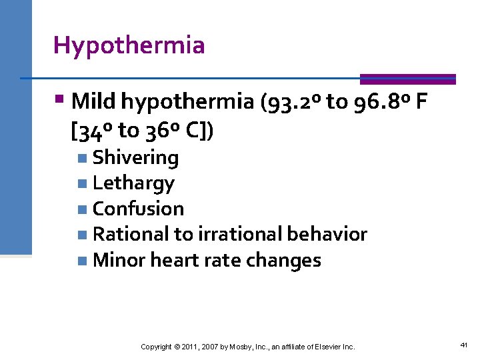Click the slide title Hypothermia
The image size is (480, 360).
click(129, 45)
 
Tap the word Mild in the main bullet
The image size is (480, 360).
click(93, 101)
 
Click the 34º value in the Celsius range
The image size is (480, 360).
click(97, 131)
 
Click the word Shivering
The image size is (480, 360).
click(136, 158)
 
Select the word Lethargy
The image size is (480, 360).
click(133, 183)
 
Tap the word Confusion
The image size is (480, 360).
click(138, 209)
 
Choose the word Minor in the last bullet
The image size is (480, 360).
click(119, 260)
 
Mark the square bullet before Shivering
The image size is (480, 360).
click(81, 159)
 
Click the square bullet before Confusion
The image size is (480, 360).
click(81, 209)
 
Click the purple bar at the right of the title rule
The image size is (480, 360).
click(407, 79)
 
